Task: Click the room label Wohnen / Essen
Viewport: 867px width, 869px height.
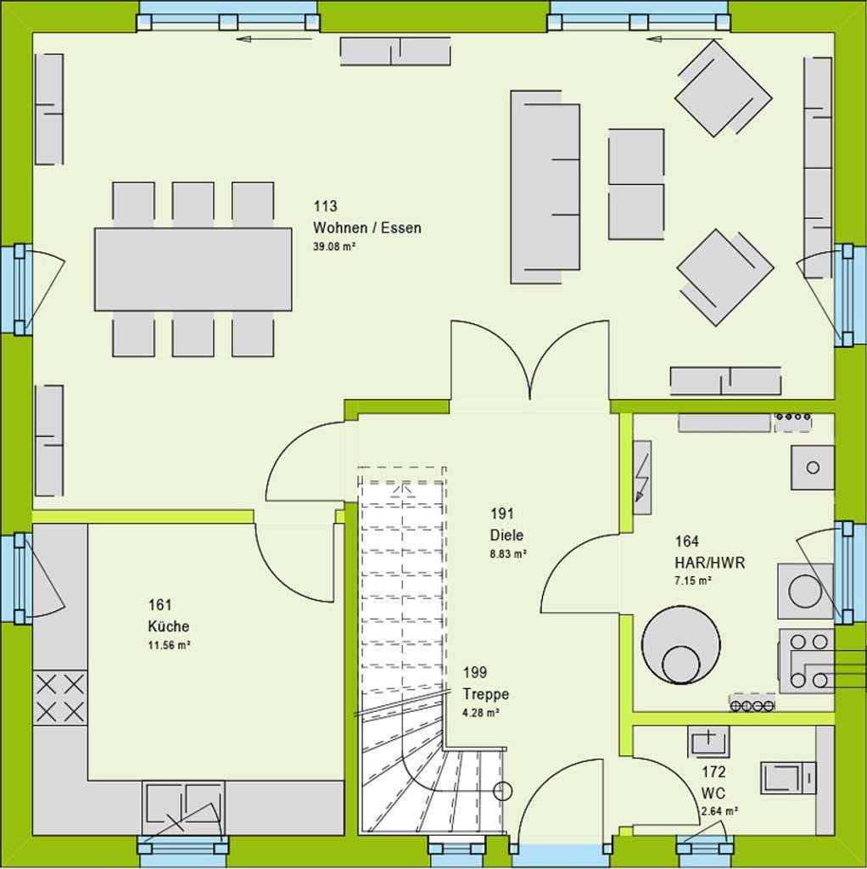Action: click(366, 227)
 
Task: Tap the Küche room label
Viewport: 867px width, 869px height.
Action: click(169, 626)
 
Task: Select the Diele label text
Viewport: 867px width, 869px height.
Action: click(506, 535)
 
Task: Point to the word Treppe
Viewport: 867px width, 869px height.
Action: click(486, 694)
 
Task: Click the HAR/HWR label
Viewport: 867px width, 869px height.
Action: click(710, 563)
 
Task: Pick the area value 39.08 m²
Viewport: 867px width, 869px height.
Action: click(334, 247)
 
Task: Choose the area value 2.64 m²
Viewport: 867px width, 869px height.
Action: click(719, 811)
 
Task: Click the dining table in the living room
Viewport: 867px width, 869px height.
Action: click(193, 269)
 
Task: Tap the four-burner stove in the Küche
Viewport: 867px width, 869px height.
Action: click(60, 698)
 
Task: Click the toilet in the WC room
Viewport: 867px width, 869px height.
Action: click(788, 777)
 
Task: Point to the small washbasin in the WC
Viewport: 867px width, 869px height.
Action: click(708, 741)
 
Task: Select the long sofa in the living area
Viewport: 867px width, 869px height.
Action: click(545, 188)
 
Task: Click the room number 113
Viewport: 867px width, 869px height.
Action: click(325, 206)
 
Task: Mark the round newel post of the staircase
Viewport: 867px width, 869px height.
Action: click(502, 791)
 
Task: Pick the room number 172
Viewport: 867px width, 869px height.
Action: click(713, 771)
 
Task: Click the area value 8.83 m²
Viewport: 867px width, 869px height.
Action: click(508, 553)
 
